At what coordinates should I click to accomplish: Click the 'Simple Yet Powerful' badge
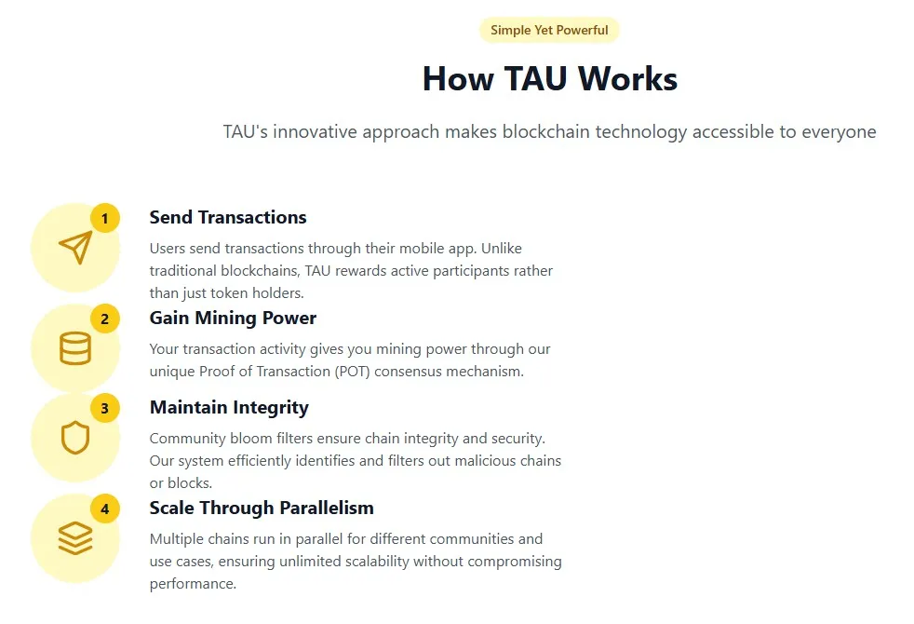coord(549,30)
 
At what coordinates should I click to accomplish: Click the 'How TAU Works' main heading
coord(549,78)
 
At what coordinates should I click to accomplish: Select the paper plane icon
coord(75,248)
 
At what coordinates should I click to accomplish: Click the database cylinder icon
coord(75,348)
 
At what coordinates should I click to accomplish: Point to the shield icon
coord(75,438)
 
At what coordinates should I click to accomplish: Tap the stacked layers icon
coord(75,538)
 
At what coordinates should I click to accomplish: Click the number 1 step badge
coord(104,219)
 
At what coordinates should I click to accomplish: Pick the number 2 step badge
coord(104,319)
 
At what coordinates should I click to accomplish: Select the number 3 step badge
coord(104,408)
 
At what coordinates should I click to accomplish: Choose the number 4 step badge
coord(104,509)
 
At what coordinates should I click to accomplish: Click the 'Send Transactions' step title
coord(228,217)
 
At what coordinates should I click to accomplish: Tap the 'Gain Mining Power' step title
coord(233,318)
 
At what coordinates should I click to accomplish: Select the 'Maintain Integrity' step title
coord(229,407)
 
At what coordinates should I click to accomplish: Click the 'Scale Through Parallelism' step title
coord(262,508)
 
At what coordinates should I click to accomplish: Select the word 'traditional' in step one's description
coord(186,271)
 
